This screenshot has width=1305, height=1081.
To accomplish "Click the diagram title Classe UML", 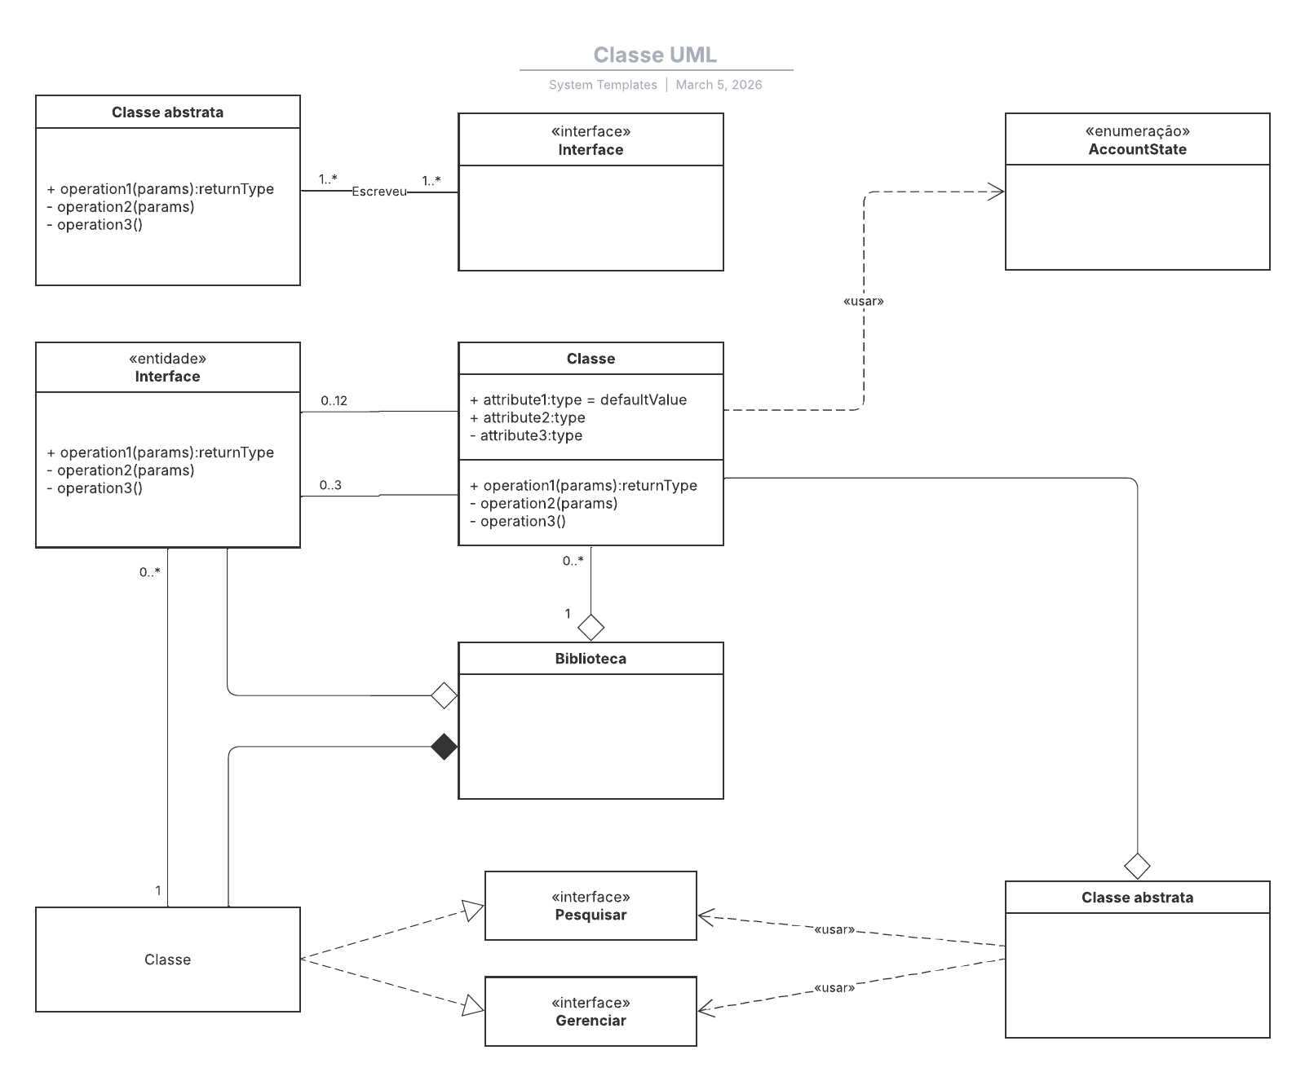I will click(655, 55).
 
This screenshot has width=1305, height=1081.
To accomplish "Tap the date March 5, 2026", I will click(719, 85).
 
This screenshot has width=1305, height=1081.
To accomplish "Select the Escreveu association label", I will click(378, 192).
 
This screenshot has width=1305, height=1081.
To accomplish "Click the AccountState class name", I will click(1137, 149).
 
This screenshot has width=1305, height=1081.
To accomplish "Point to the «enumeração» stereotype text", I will click(1137, 131).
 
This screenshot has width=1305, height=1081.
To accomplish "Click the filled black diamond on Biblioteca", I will click(444, 747).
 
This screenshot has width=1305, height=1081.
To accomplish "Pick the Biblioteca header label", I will click(591, 659).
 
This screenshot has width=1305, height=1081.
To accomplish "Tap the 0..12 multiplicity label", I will click(334, 400).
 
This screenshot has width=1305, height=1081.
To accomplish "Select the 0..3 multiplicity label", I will click(330, 485).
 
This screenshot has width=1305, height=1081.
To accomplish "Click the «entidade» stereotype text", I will click(167, 359).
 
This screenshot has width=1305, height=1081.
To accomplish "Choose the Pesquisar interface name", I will click(591, 915).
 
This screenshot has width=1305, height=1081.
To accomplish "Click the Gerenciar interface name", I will click(591, 1021).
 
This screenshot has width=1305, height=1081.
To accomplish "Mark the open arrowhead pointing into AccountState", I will click(996, 192).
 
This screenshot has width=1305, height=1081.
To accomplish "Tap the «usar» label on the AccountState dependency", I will click(863, 301).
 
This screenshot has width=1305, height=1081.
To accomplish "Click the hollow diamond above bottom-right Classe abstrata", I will click(1137, 866).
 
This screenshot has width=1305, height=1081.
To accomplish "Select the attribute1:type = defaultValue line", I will click(578, 399).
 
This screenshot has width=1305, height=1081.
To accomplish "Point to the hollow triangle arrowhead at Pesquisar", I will click(473, 910).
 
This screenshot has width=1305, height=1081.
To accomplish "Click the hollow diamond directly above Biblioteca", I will click(591, 628).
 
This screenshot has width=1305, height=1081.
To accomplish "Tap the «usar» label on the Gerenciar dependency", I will click(834, 988).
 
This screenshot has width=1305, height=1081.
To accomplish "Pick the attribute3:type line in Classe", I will click(526, 435).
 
